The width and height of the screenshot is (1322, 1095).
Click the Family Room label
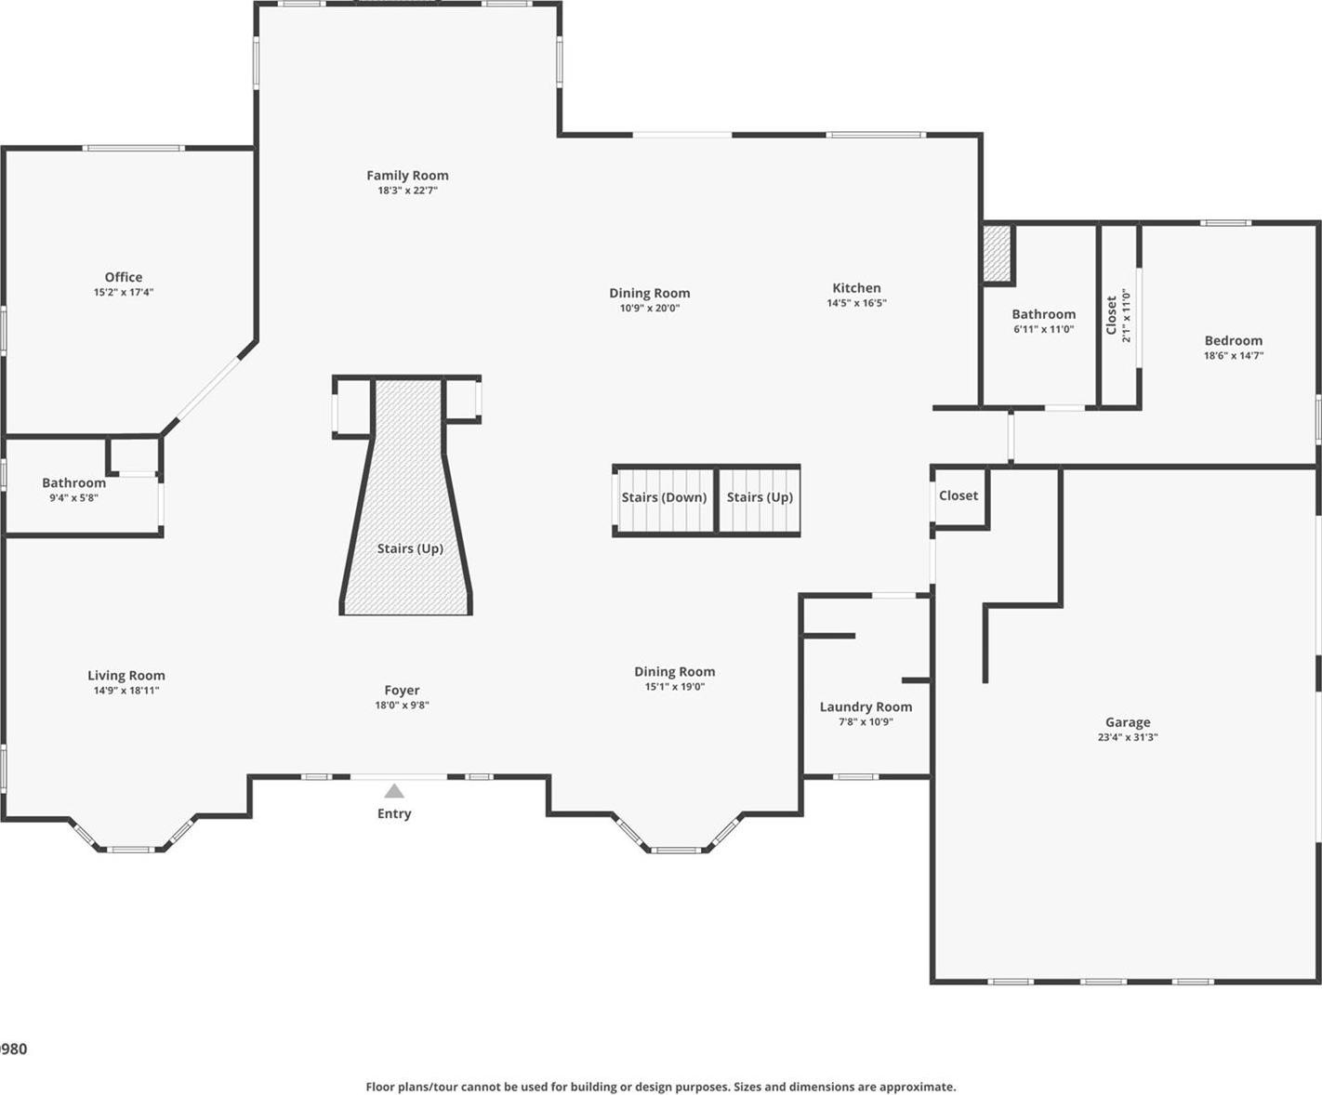(407, 175)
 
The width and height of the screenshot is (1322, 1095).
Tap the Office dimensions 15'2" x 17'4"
(124, 292)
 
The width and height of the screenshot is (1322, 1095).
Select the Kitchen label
(856, 288)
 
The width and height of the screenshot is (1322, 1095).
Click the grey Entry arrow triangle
(394, 791)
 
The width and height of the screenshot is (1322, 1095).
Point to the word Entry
(394, 813)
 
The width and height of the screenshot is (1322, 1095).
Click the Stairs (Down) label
(664, 497)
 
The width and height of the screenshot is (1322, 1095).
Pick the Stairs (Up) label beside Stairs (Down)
(760, 497)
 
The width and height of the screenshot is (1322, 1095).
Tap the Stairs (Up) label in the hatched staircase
(410, 548)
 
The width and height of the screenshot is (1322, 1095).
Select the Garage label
(1128, 722)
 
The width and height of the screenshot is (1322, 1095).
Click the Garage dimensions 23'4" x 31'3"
(1128, 737)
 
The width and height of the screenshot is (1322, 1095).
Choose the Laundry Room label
(866, 706)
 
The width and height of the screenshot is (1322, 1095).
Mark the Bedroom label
(1234, 340)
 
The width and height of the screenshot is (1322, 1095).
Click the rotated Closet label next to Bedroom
(1111, 315)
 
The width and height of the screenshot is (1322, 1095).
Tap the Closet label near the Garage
(958, 495)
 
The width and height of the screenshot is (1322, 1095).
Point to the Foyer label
(402, 690)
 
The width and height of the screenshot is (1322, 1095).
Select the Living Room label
(126, 676)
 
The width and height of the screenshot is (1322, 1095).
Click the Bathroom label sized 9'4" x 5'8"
(73, 482)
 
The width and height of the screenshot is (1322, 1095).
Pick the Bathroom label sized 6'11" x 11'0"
(1043, 314)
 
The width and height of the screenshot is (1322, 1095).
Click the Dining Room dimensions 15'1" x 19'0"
(675, 687)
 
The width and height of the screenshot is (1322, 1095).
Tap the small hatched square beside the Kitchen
(997, 253)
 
